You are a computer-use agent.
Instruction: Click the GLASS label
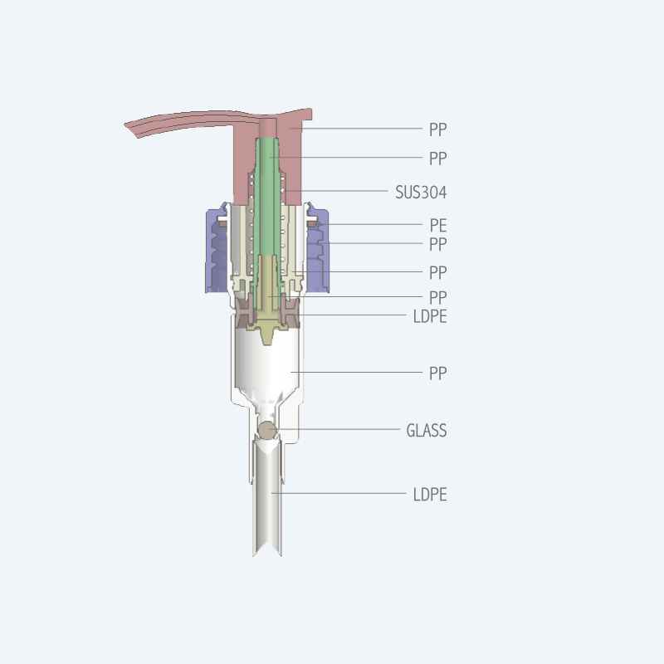click(427, 430)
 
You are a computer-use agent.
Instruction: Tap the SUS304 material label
click(421, 193)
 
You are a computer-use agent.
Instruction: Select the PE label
click(438, 225)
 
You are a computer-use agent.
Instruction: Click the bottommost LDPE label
click(430, 494)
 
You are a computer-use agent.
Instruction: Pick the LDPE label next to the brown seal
click(430, 316)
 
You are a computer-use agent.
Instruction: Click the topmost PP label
click(438, 129)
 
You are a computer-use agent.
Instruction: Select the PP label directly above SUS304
click(438, 159)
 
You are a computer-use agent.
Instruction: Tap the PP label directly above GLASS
click(438, 373)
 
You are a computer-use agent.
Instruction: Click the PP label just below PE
click(438, 244)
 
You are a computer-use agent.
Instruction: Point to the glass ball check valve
click(267, 431)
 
